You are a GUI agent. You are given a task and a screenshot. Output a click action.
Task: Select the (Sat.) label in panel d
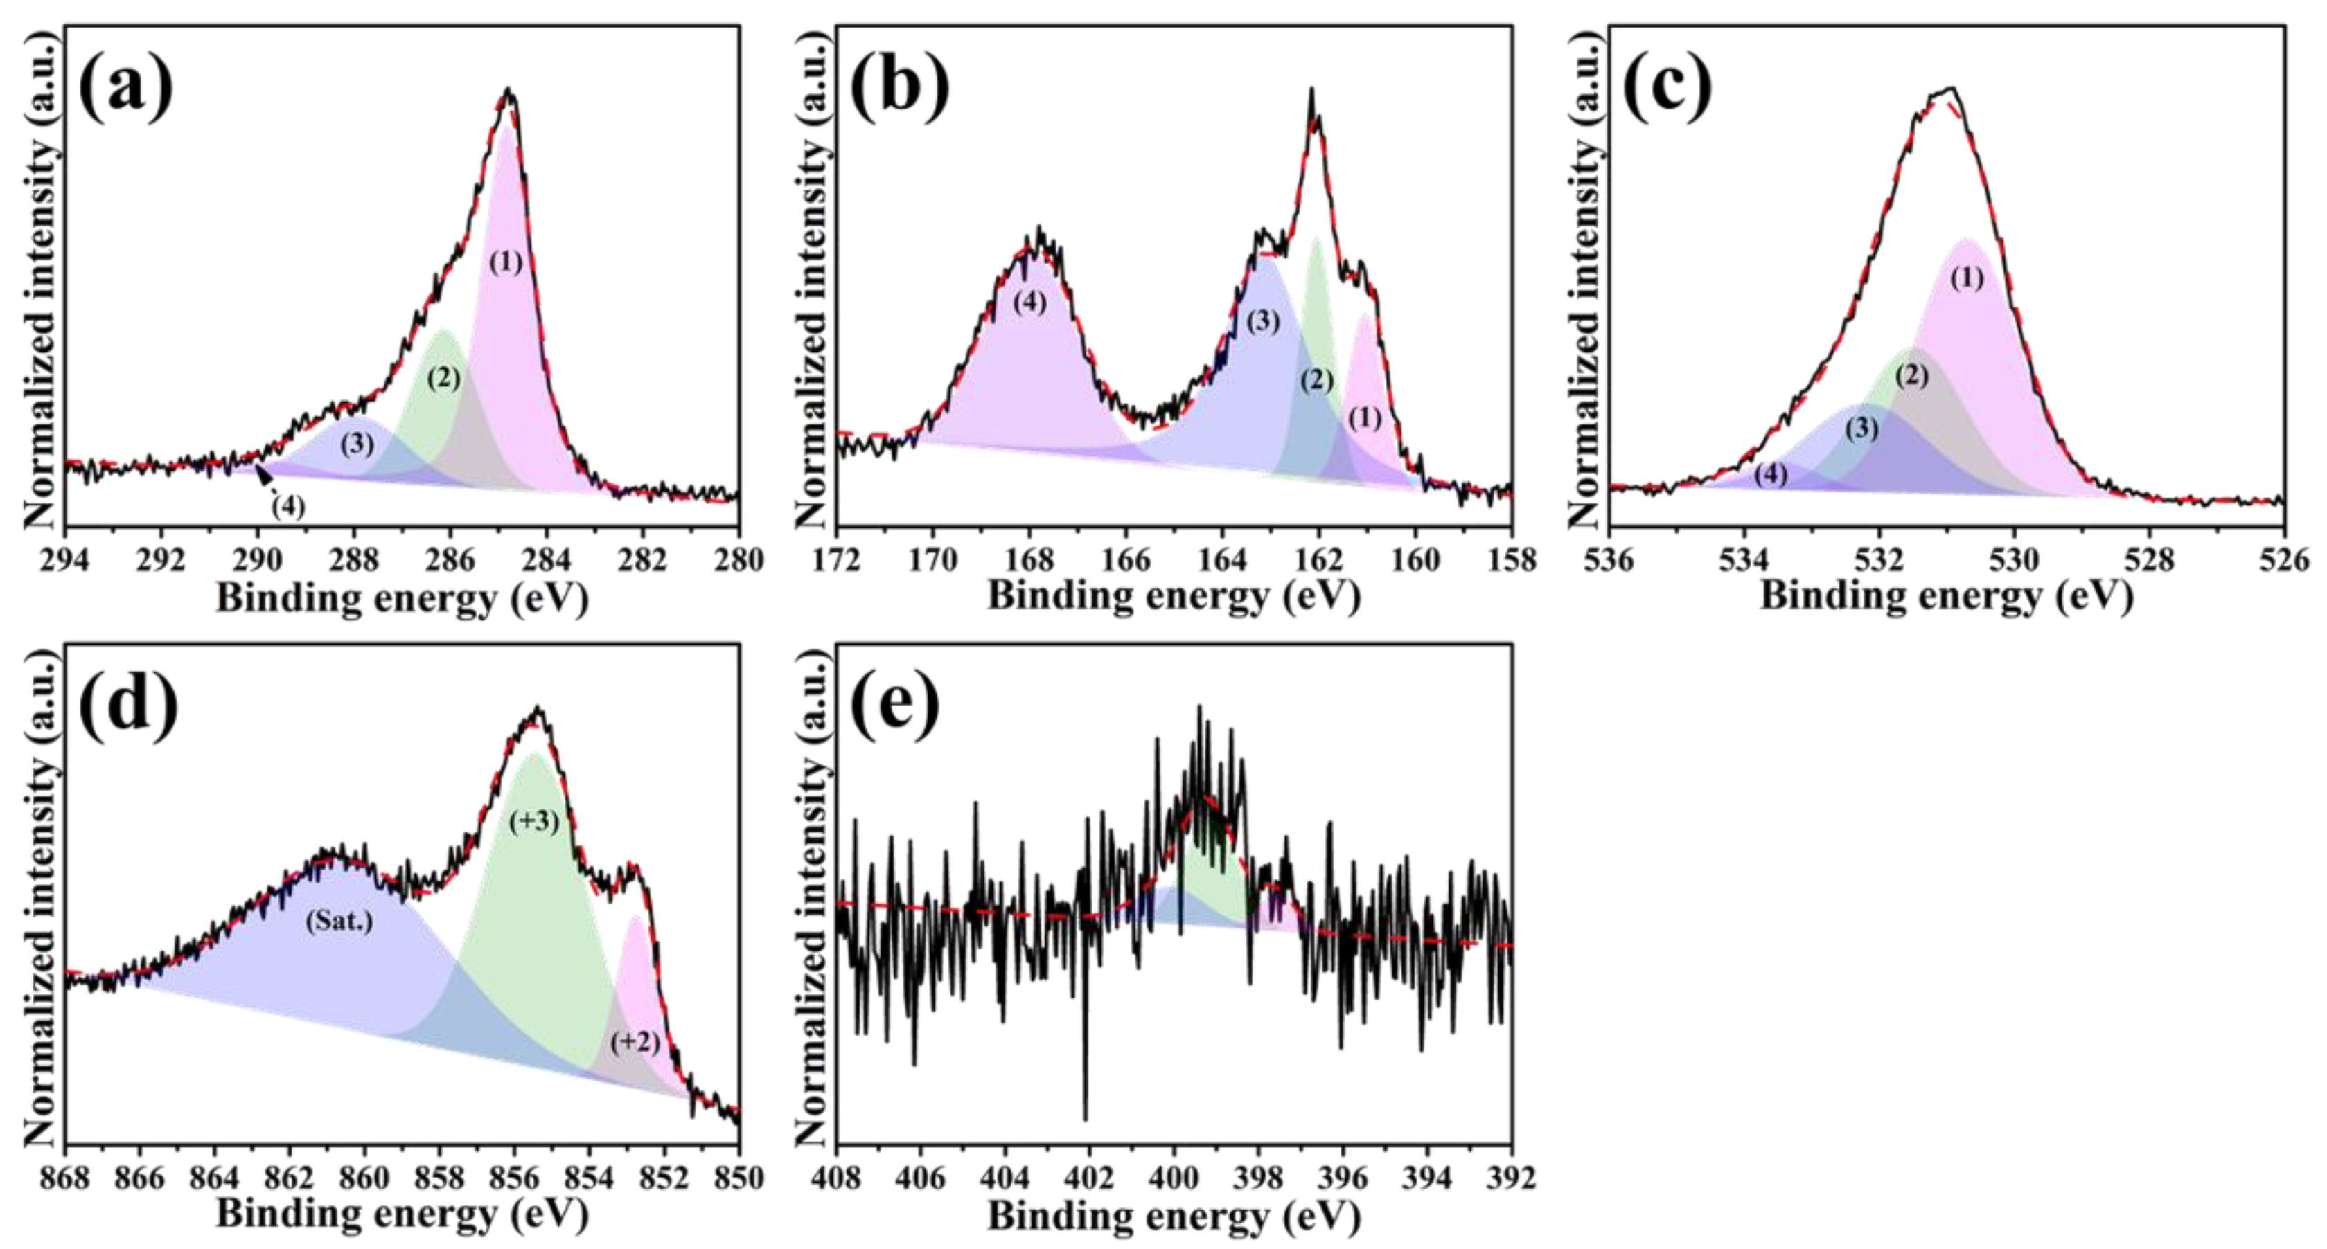[x=339, y=922]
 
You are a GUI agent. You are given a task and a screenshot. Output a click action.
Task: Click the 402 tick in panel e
[x=1090, y=1178]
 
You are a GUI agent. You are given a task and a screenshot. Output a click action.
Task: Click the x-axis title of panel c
[x=1947, y=597]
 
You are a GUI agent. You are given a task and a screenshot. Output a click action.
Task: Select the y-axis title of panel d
[x=41, y=894]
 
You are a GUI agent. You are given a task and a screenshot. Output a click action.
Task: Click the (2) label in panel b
[x=1316, y=380]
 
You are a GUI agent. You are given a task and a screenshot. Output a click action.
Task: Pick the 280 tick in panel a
[x=738, y=560]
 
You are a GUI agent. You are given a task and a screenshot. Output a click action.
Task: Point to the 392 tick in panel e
[x=1512, y=1178]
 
